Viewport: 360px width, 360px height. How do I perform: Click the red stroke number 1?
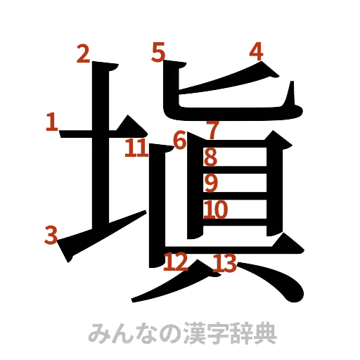pyautogui.click(x=51, y=122)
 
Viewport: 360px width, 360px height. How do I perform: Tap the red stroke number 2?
pyautogui.click(x=83, y=54)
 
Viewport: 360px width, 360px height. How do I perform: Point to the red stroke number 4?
pyautogui.click(x=256, y=51)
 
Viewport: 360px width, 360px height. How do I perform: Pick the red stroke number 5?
pyautogui.click(x=159, y=51)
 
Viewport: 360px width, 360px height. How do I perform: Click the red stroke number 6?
pyautogui.click(x=180, y=141)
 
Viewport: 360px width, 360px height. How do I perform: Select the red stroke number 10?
pyautogui.click(x=217, y=209)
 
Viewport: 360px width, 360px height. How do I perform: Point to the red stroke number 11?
pyautogui.click(x=136, y=148)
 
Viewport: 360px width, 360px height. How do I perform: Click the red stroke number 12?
pyautogui.click(x=175, y=262)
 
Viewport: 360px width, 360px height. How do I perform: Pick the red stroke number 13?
pyautogui.click(x=224, y=264)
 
